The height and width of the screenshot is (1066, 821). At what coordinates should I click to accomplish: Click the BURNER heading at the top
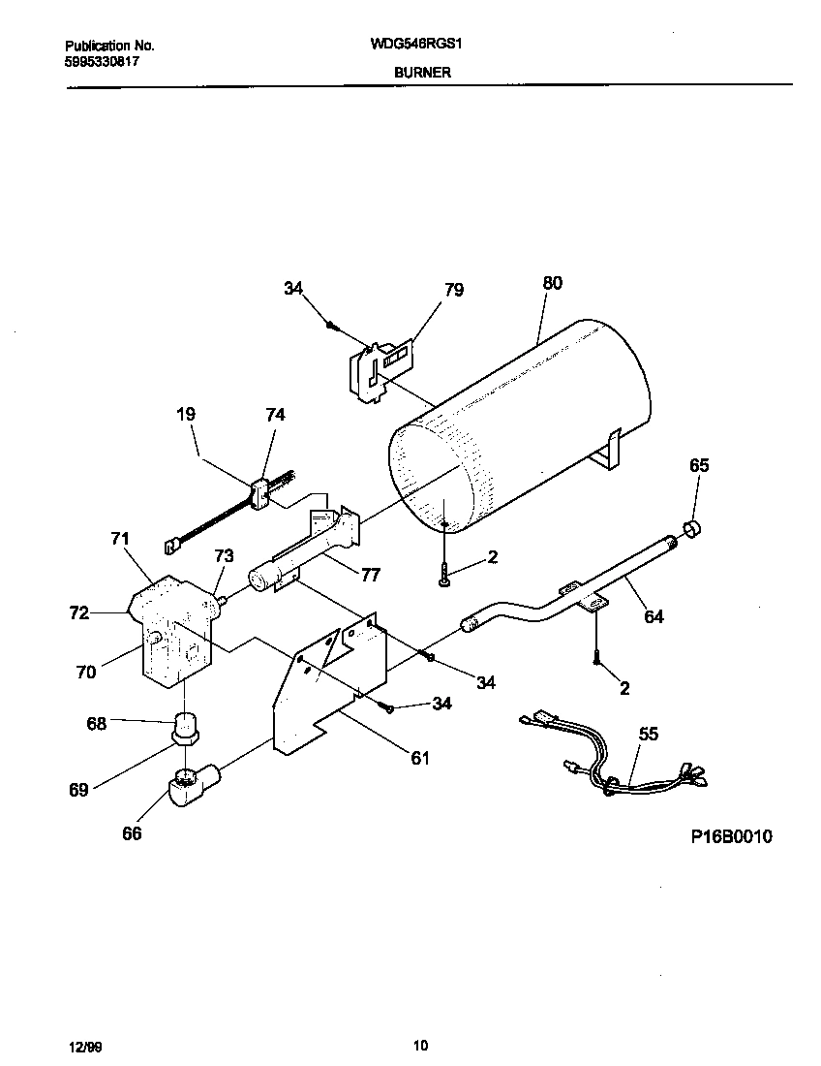pyautogui.click(x=421, y=73)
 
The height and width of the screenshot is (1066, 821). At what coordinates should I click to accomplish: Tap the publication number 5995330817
pyautogui.click(x=103, y=59)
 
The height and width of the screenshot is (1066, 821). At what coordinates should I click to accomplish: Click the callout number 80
pyautogui.click(x=552, y=284)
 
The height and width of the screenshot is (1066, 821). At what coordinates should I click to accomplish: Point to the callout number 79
pyautogui.click(x=453, y=289)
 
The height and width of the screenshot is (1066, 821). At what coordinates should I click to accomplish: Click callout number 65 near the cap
pyautogui.click(x=699, y=465)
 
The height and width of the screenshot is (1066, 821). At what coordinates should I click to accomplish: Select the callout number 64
pyautogui.click(x=654, y=615)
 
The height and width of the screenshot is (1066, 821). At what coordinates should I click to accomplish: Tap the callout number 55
pyautogui.click(x=648, y=734)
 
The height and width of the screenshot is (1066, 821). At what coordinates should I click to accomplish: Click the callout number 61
pyautogui.click(x=419, y=758)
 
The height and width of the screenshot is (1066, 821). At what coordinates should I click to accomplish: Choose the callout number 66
pyautogui.click(x=132, y=833)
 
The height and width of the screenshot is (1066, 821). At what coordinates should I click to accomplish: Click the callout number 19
pyautogui.click(x=186, y=414)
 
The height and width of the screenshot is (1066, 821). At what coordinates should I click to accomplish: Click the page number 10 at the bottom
pyautogui.click(x=420, y=1045)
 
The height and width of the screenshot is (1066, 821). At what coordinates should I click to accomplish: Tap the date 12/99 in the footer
pyautogui.click(x=85, y=1047)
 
